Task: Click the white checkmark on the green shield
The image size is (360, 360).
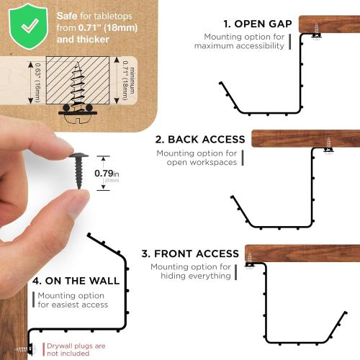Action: click(x=29, y=24)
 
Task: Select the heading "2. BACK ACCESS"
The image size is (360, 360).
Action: click(x=199, y=139)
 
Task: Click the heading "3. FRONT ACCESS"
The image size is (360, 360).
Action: click(x=190, y=253)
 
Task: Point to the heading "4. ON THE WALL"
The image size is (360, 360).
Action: click(x=76, y=279)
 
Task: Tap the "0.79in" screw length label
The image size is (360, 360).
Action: click(x=107, y=174)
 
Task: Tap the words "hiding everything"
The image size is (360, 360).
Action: click(x=191, y=276)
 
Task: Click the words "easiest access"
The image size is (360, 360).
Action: click(x=72, y=305)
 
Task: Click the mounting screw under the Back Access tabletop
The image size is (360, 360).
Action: click(x=330, y=145)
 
